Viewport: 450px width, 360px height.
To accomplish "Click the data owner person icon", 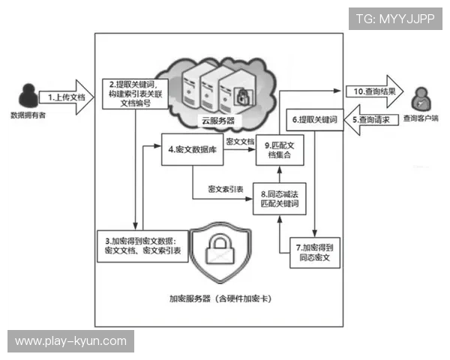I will [28, 94].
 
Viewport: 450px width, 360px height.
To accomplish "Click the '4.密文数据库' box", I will [192, 148].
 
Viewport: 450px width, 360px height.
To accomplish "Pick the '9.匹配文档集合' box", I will [278, 148].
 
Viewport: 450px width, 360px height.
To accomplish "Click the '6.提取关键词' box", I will [314, 119].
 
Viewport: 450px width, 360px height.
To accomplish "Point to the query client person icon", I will [421, 97].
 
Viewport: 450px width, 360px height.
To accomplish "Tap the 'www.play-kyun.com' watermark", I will [70, 341].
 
